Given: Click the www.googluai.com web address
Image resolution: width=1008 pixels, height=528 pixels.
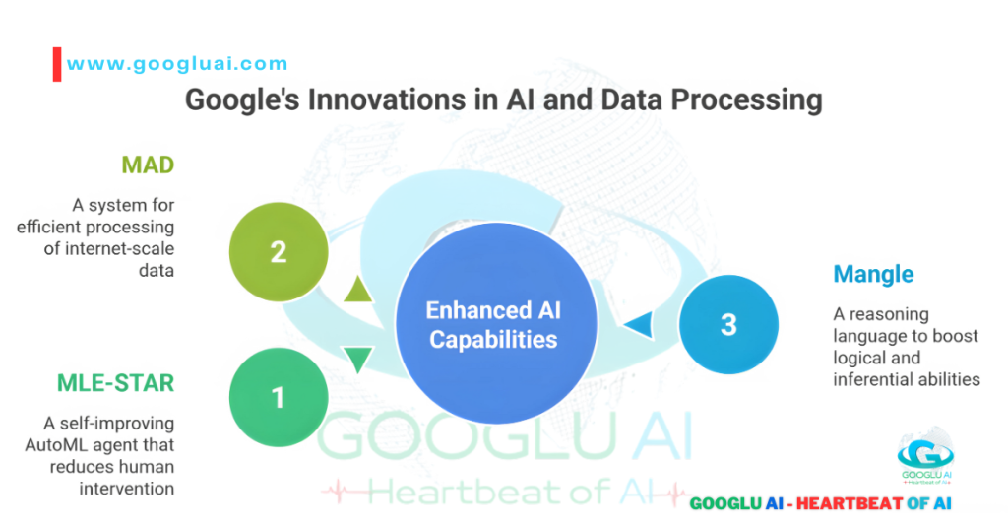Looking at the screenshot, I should click(177, 64).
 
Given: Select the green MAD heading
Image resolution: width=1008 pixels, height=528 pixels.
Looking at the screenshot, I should click(148, 165).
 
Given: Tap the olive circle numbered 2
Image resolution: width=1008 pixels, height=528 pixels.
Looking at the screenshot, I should click(278, 251).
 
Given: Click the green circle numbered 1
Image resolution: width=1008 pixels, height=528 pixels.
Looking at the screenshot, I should click(278, 397).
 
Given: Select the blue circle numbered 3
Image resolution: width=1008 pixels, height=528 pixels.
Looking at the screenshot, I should click(728, 324).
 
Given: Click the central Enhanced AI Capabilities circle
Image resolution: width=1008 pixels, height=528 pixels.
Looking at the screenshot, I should click(493, 325).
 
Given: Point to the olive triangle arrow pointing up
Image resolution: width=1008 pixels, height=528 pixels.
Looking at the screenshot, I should click(357, 289).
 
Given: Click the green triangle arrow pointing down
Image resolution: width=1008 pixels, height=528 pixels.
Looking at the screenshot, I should click(357, 359).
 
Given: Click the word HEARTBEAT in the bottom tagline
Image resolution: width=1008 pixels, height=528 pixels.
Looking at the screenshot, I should click(845, 503).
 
